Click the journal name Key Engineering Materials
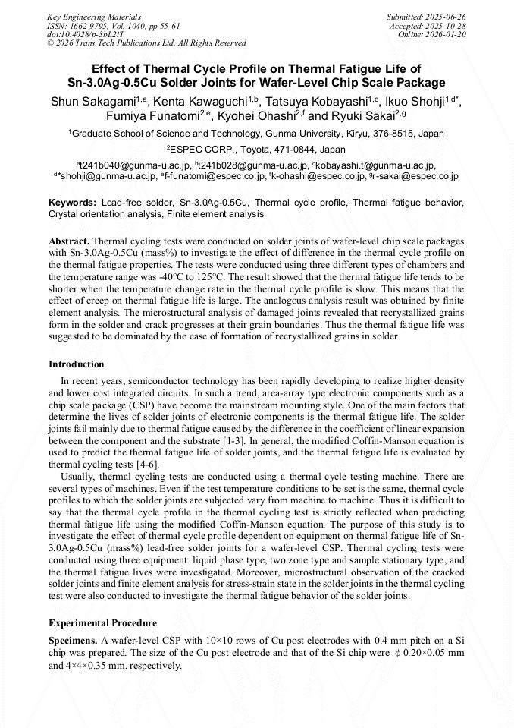pyautogui.click(x=94, y=16)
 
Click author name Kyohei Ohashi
pyautogui.click(x=256, y=116)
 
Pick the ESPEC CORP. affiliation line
pyautogui.click(x=256, y=150)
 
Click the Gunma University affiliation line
pyautogui.click(x=256, y=134)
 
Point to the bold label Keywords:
pyautogui.click(x=72, y=203)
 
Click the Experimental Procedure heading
pyautogui.click(x=102, y=623)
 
